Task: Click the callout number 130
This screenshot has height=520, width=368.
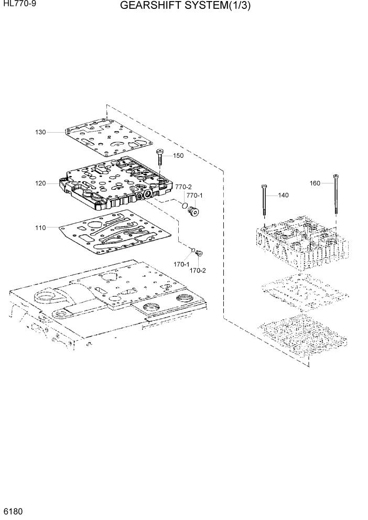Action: (40, 132)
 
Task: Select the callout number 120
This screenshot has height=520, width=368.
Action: (40, 183)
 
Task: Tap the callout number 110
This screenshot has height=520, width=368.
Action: (40, 227)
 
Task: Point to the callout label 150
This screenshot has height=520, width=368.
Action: (178, 156)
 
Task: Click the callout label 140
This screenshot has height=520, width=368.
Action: (283, 196)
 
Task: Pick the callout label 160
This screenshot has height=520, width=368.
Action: (315, 183)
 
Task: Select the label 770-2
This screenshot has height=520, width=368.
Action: (183, 187)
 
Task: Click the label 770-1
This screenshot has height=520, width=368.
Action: (195, 196)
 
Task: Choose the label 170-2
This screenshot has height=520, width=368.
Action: (198, 270)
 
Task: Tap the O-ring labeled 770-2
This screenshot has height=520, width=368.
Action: (185, 205)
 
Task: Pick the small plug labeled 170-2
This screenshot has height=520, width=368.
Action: (199, 254)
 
